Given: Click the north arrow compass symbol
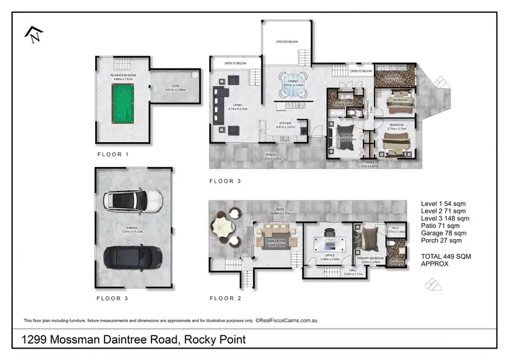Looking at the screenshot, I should [32, 34].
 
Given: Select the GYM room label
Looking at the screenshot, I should [175, 86].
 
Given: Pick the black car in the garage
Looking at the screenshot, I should [132, 257].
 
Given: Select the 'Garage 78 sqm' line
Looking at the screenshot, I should [445, 232].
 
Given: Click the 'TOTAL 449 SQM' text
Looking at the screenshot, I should [446, 255].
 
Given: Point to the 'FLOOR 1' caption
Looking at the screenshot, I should [113, 155].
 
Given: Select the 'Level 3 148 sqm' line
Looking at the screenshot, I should [446, 218].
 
